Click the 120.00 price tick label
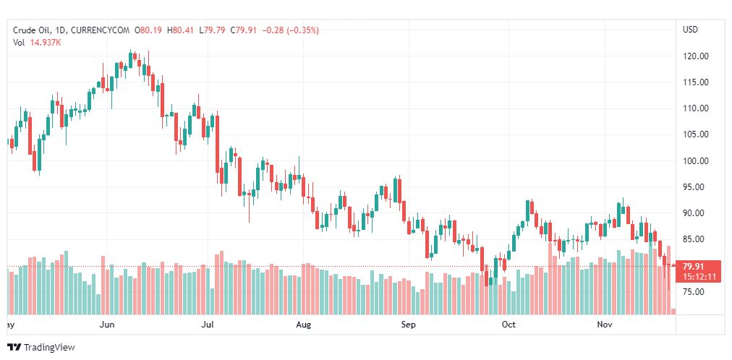pos(696,56)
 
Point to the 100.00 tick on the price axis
pos(696,160)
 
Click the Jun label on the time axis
pos(107,325)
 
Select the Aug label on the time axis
pos(304,325)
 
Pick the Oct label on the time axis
pos(508,325)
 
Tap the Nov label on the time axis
pos(605,325)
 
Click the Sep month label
pos(409,325)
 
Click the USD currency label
pos(690,30)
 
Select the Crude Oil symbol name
pos(33,30)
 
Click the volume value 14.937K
pos(46,42)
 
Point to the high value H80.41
pos(180,30)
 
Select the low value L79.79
pos(213,30)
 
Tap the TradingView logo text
pos(48,348)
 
